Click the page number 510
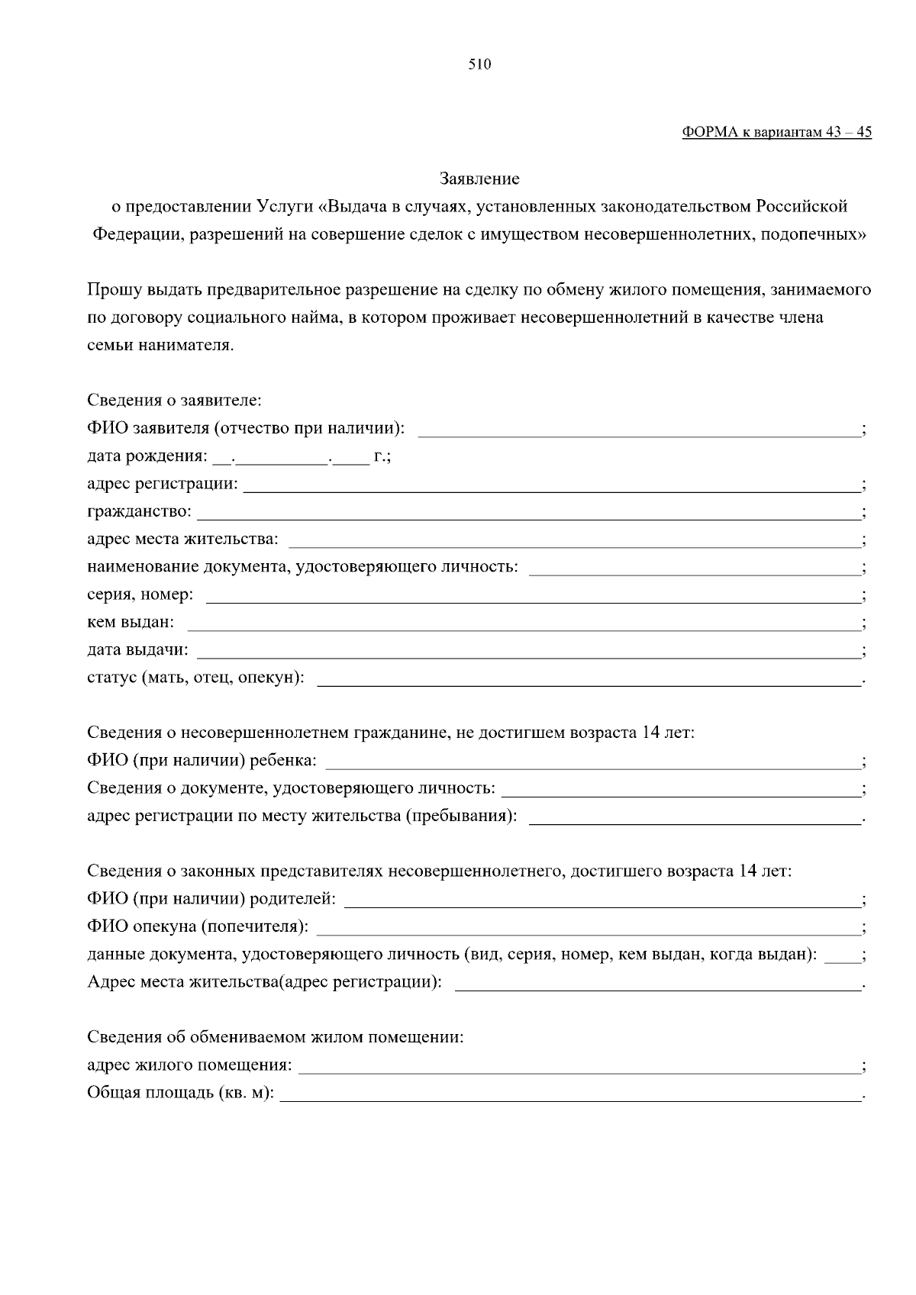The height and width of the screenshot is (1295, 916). point(479,65)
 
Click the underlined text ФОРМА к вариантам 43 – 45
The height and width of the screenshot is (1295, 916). point(776,132)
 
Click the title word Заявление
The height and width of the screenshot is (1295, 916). point(479,179)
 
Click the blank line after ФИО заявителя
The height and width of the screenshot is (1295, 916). point(638,432)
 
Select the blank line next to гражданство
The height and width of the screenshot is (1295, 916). point(528,514)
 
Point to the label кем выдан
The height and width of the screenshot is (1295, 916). point(131,623)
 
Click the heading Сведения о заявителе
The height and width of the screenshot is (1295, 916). point(174,401)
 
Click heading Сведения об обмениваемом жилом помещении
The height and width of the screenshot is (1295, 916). point(276,1038)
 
